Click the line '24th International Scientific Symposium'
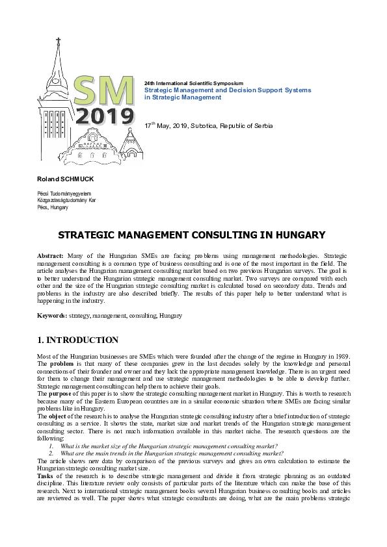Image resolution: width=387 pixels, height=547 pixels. point(193,84)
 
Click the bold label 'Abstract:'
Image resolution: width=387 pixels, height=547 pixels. point(50,258)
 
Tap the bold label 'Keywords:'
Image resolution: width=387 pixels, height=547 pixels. point(52,315)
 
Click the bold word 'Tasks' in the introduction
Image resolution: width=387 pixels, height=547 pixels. point(47,476)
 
